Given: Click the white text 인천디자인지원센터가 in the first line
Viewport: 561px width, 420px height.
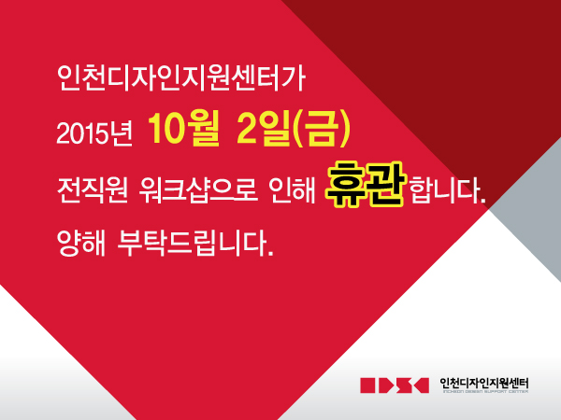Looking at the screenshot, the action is pos(181,77).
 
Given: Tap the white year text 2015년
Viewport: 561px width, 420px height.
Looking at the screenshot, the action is pos(94,133).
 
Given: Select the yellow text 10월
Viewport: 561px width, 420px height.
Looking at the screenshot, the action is pos(183,129).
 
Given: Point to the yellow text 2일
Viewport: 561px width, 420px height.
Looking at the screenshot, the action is pos(263,129).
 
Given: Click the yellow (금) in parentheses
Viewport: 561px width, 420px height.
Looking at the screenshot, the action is pos(321,129).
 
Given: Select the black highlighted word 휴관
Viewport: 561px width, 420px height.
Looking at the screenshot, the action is pos(366,184).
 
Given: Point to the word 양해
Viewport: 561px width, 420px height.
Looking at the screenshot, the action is pos(81,243).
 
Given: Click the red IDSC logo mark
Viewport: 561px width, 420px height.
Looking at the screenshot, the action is pos(395,385).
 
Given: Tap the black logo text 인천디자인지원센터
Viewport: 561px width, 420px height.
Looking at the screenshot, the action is pos(484,384).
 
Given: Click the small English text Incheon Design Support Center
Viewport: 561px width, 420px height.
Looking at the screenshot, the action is pos(485,392).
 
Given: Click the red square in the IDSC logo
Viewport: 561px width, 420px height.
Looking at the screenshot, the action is pos(367,385).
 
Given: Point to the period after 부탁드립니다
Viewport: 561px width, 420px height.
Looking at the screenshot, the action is pos(270,254).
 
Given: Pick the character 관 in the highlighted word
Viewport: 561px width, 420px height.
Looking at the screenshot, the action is pos(386,184).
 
